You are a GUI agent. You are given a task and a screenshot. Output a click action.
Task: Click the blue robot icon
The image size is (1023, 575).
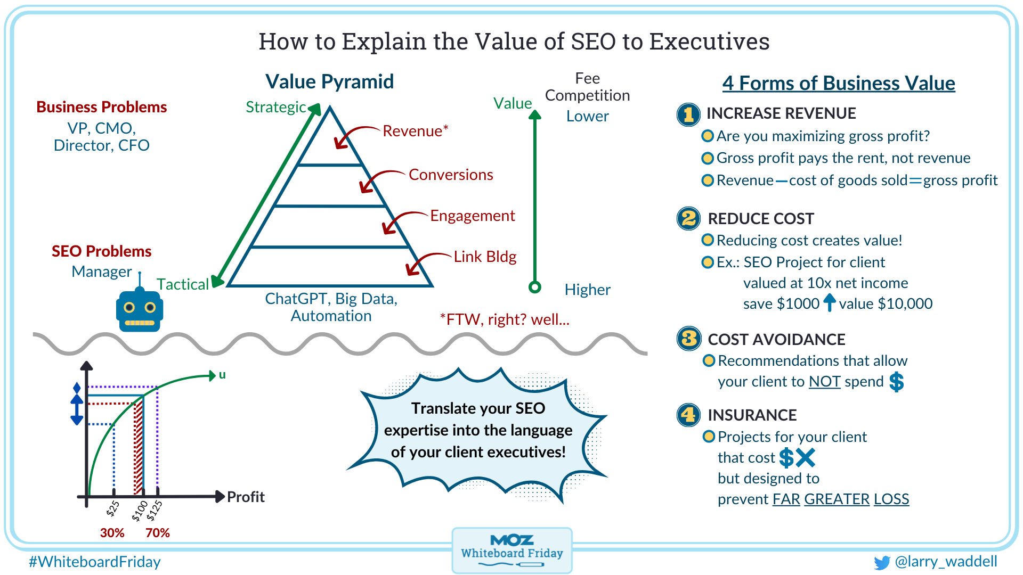[x=140, y=310]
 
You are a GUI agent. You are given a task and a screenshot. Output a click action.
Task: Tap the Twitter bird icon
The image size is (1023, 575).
[x=882, y=562]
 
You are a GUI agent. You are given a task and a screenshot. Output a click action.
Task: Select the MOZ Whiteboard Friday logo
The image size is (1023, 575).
[x=511, y=550]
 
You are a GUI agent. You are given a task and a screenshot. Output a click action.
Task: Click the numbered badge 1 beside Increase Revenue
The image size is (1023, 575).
[x=688, y=114]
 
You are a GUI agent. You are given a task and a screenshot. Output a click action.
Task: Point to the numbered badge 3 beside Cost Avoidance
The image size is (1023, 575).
[x=688, y=339]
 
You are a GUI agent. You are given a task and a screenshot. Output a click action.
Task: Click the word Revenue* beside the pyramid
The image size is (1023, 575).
[x=416, y=131]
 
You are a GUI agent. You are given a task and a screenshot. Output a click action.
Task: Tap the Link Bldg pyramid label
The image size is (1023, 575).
[x=485, y=257]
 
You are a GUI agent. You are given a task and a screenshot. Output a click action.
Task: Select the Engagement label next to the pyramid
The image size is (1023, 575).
[x=472, y=216]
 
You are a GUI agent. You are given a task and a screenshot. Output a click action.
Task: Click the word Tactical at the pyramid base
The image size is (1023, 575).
[x=182, y=284]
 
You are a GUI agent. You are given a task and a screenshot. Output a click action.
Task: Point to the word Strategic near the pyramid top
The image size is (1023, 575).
[x=275, y=107]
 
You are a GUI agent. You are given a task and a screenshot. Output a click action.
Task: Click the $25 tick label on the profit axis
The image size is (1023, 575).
[x=113, y=509]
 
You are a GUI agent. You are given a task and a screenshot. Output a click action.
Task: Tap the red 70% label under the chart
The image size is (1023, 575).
[x=158, y=533]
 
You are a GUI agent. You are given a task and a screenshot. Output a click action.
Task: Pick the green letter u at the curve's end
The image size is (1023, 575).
[x=222, y=375]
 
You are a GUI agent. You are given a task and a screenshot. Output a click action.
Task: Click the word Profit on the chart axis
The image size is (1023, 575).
[x=246, y=497]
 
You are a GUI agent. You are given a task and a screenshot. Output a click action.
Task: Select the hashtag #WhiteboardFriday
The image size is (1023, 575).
[x=95, y=562]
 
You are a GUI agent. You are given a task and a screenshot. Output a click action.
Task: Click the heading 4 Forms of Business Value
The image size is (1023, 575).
[x=839, y=83]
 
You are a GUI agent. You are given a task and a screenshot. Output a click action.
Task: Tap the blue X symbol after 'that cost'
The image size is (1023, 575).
[x=805, y=457]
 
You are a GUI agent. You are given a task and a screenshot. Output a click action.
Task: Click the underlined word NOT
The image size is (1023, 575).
[x=824, y=381]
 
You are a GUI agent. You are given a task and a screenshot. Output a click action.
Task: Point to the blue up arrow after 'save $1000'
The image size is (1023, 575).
[x=830, y=302]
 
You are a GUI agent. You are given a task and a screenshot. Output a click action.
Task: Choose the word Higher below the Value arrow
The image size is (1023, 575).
[x=587, y=290]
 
